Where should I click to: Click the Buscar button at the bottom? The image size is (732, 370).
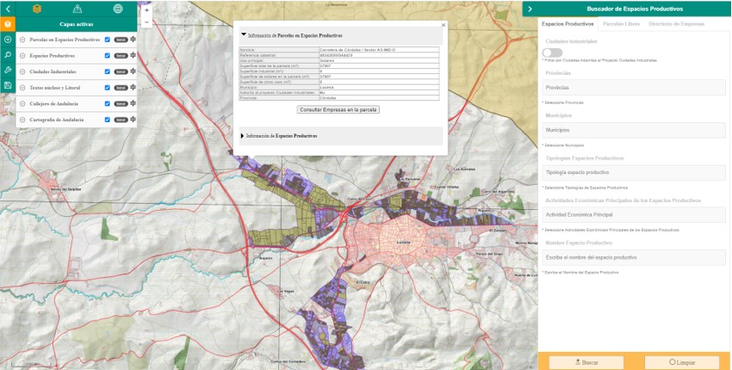586,362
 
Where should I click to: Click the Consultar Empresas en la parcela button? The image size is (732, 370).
338,110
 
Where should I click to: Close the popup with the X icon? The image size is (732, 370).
444,26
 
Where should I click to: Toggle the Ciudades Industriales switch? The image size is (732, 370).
552,52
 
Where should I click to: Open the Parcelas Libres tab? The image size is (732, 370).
620,23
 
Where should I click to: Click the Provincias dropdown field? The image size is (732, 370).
633,87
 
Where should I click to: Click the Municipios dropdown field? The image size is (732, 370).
633,130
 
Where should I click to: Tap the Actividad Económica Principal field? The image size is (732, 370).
633,214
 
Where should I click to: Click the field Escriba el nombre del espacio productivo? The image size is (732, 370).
633,257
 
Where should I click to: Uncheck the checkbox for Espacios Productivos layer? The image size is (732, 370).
107,55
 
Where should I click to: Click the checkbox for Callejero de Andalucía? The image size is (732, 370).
107,103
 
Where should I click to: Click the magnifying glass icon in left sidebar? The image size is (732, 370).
8,54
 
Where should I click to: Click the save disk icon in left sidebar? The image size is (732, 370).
8,85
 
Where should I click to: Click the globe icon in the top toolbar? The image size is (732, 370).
117,8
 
